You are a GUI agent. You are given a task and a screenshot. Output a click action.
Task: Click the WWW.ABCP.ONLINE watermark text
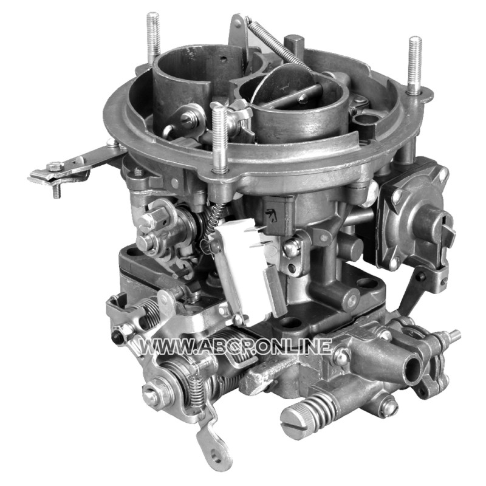point(236,346)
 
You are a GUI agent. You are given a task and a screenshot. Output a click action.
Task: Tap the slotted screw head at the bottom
point(293,418)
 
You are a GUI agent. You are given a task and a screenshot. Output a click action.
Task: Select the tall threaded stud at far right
point(414,66)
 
